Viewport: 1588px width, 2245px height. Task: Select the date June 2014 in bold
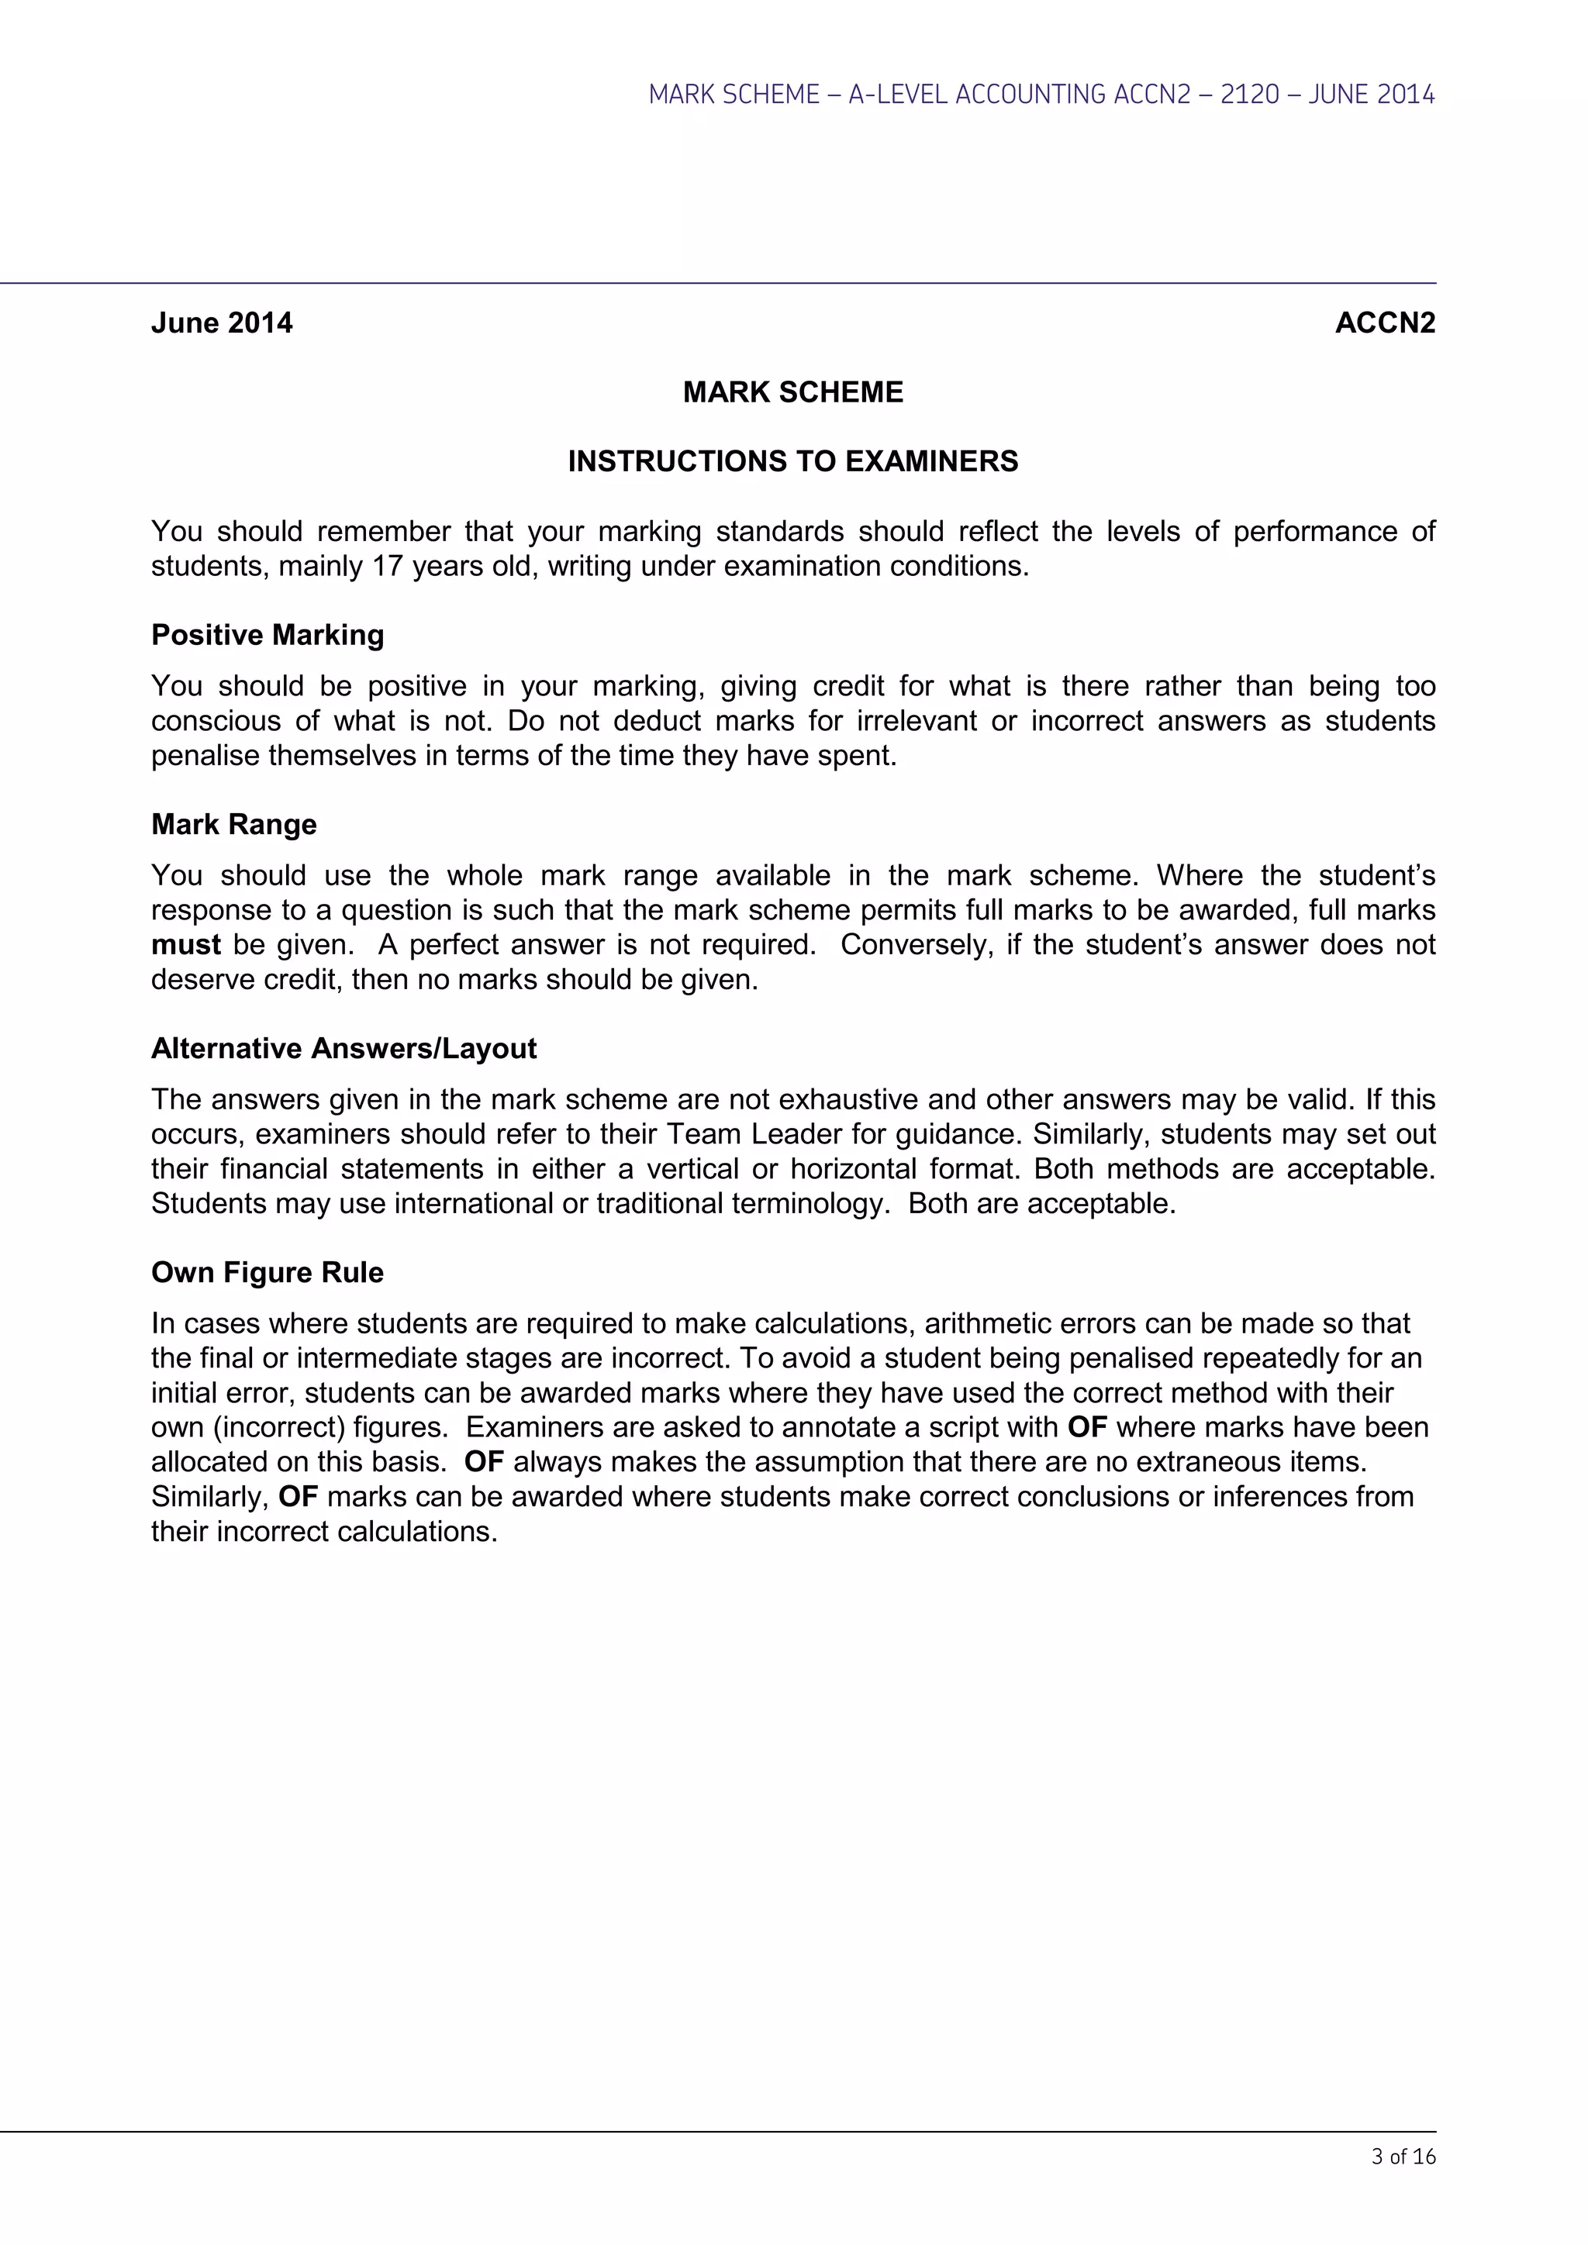(222, 323)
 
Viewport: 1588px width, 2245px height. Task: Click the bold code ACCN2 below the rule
(1385, 323)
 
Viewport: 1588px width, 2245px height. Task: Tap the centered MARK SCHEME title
(793, 392)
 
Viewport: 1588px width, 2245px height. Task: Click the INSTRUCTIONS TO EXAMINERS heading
(793, 461)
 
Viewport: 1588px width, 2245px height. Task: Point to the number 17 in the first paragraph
(387, 566)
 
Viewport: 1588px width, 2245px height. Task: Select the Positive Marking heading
(267, 636)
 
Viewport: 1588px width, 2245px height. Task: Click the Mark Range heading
(233, 824)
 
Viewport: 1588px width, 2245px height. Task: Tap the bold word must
(186, 946)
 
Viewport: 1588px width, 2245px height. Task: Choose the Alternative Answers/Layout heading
(343, 1049)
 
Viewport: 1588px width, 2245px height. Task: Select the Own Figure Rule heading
(267, 1273)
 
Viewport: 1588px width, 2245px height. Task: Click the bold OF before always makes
(483, 1463)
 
